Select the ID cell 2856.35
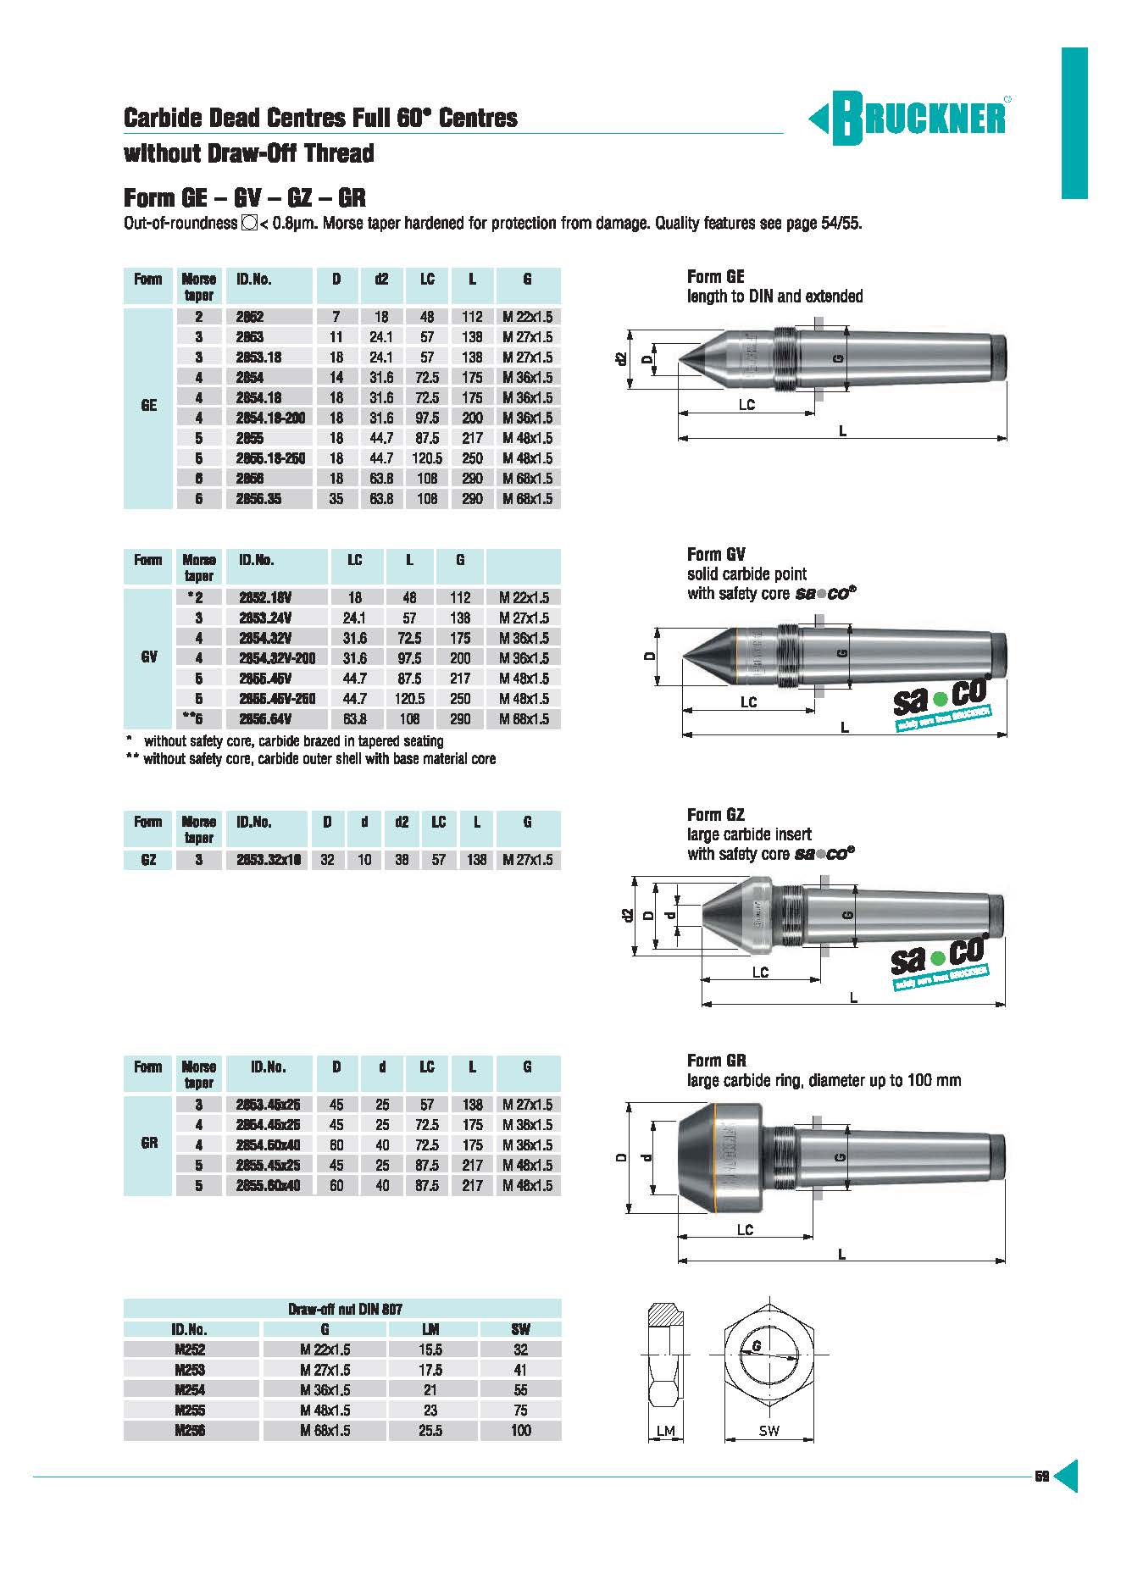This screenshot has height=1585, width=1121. pos(258,499)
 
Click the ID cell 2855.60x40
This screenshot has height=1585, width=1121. pos(269,1186)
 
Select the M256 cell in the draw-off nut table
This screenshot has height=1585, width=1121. pos(191,1431)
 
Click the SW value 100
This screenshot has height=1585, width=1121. pos(520,1431)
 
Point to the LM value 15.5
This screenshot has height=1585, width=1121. pos(430,1350)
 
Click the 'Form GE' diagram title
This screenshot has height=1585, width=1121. pos(716,277)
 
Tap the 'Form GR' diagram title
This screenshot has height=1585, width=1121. pos(717,1061)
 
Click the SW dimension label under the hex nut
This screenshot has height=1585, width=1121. pos(769,1431)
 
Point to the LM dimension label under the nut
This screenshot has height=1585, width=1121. pos(666,1431)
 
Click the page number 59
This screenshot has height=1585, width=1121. pos(1042,1477)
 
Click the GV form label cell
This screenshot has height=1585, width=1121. pos(149,658)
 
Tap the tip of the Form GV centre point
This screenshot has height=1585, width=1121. pos(684,657)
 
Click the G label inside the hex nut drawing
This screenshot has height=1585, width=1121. pos(756,1346)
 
